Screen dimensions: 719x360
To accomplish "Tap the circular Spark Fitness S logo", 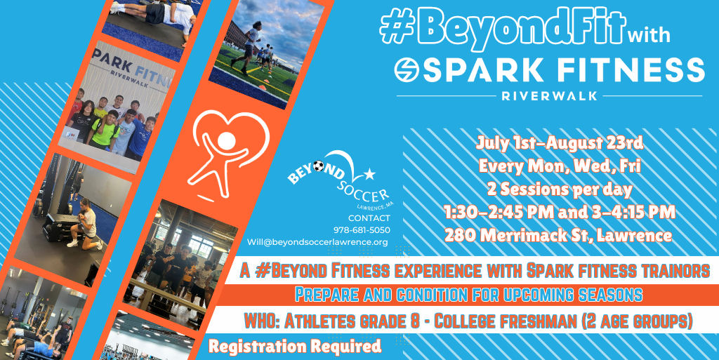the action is click(407, 70).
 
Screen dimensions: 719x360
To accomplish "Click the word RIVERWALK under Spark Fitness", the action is click(549, 96).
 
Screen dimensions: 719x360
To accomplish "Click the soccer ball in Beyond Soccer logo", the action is click(318, 166).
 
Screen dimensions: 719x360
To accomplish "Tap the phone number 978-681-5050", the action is click(362, 230).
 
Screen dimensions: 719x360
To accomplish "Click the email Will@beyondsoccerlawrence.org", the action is click(317, 242).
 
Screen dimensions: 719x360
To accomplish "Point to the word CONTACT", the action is click(369, 218).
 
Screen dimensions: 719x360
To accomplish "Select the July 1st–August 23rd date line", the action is click(560, 143).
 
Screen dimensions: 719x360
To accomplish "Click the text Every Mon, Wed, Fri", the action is click(560, 166).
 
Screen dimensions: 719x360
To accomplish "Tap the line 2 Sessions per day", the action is click(560, 189).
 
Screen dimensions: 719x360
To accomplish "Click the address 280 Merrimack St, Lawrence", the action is click(558, 235).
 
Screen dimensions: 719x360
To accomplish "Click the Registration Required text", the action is click(294, 346).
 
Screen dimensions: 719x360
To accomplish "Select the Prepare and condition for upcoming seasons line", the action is click(468, 295).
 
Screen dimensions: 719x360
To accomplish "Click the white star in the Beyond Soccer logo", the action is click(369, 174).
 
